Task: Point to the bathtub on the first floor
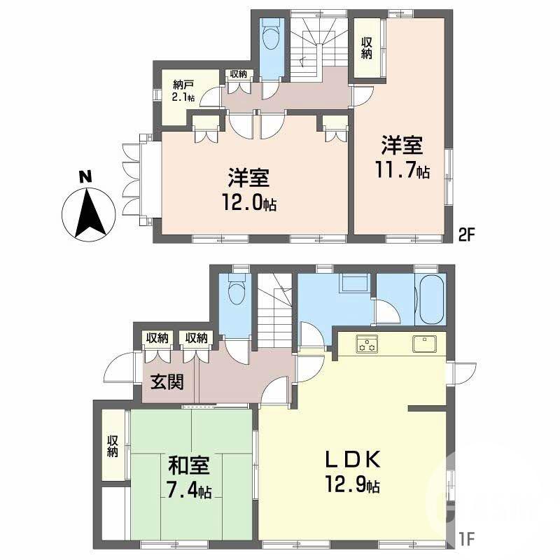click(x=429, y=300)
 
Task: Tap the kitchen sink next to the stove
click(x=425, y=344)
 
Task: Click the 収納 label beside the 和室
click(x=113, y=446)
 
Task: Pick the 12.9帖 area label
click(x=352, y=484)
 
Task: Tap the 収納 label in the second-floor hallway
click(x=237, y=73)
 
